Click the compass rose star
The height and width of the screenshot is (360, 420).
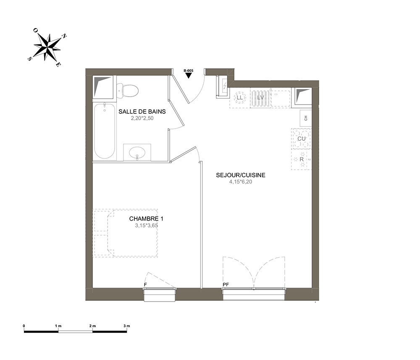point(47,47)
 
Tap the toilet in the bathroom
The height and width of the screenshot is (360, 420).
point(127,90)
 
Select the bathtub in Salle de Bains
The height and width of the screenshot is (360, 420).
point(105,131)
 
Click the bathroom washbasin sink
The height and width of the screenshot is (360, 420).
point(137,153)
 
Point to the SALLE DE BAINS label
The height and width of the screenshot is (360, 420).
point(142,111)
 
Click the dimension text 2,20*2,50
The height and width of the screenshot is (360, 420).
point(142,118)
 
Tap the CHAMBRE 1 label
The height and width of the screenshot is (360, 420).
point(146,218)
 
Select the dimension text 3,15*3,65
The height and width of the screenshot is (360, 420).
point(147,225)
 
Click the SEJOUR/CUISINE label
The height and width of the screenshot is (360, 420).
point(241,175)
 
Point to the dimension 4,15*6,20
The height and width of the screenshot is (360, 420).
point(241,182)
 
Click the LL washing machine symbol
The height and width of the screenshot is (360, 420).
point(239,98)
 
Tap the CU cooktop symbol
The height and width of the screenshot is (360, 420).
point(301,139)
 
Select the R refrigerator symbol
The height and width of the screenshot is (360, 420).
point(302,159)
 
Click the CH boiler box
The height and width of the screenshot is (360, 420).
point(306,118)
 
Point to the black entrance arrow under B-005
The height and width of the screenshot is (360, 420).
point(189,76)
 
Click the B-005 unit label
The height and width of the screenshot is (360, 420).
point(188,71)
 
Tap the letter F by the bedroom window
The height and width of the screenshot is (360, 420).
point(145,284)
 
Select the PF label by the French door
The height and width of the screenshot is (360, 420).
point(226,284)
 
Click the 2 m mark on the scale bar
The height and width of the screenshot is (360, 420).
point(92,326)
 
